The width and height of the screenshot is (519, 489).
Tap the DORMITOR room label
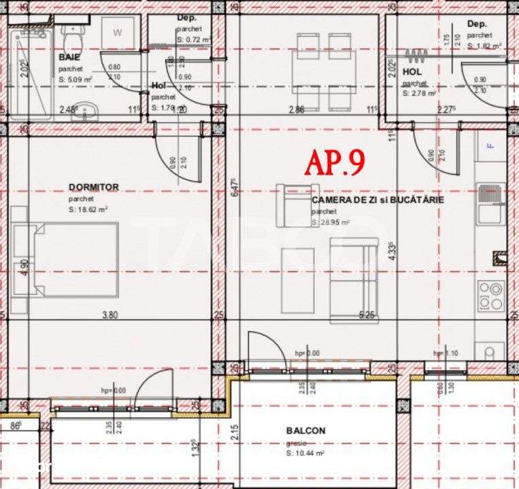pyautogui.click(x=94, y=187)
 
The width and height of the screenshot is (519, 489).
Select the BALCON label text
pyautogui.click(x=305, y=430)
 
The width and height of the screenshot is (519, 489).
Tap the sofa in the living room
pyautogui.click(x=352, y=280)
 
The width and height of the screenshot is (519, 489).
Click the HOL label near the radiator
pyautogui.click(x=412, y=71)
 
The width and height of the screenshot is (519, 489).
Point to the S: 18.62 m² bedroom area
pyautogui.click(x=88, y=209)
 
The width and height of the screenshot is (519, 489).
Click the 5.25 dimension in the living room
pyautogui.click(x=367, y=314)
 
